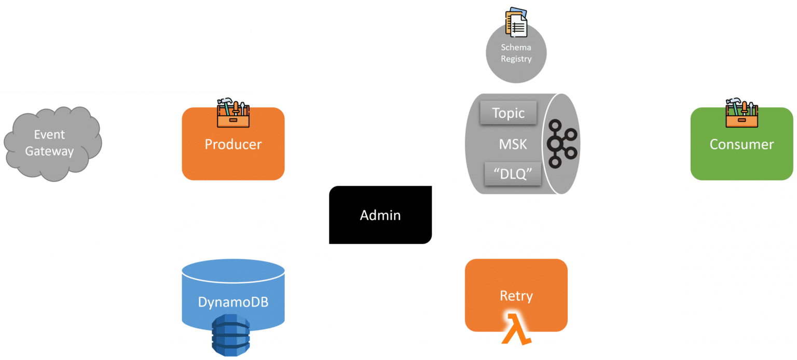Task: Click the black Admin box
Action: pyautogui.click(x=380, y=215)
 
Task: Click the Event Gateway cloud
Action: pyautogui.click(x=52, y=143)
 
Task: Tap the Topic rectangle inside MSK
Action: pyautogui.click(x=508, y=113)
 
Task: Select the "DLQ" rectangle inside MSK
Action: pyautogui.click(x=513, y=174)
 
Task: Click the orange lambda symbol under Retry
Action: pyautogui.click(x=516, y=333)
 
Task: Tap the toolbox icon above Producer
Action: pyautogui.click(x=233, y=112)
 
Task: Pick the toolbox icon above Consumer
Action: pyautogui.click(x=741, y=112)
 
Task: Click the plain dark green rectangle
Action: pyautogui.click(x=125, y=61)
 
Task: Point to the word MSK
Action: pyautogui.click(x=513, y=144)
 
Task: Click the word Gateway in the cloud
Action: pyautogui.click(x=50, y=151)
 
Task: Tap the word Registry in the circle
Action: pyautogui.click(x=516, y=59)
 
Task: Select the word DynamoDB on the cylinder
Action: pyautogui.click(x=233, y=302)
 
